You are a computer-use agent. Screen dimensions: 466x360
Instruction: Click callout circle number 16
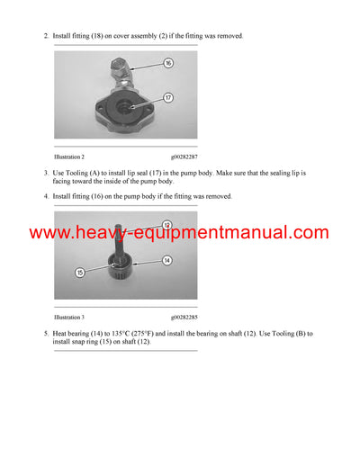coord(168,63)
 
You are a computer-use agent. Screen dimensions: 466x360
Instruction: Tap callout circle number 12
coord(166,224)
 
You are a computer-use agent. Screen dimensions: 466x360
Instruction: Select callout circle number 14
coord(167,259)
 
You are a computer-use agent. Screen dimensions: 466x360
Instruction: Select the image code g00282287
coord(185,156)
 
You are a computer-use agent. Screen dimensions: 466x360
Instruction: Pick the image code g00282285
coord(185,318)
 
